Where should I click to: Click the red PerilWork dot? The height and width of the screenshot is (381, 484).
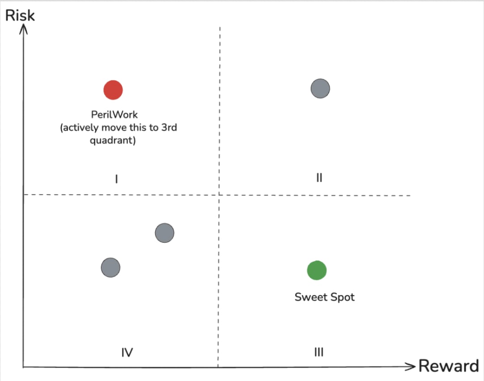pyautogui.click(x=113, y=90)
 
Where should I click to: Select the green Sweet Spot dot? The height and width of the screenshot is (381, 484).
pyautogui.click(x=317, y=270)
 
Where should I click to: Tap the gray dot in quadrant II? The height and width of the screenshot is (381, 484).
pyautogui.click(x=320, y=88)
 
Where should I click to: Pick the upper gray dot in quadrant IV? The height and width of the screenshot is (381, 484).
pyautogui.click(x=165, y=233)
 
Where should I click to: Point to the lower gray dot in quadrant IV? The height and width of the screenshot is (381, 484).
pyautogui.click(x=110, y=268)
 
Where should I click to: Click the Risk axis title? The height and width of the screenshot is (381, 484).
pyautogui.click(x=20, y=15)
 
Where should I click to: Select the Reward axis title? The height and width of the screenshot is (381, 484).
pyautogui.click(x=448, y=366)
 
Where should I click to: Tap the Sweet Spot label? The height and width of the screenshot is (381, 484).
pyautogui.click(x=324, y=297)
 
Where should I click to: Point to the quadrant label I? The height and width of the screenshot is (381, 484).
pyautogui.click(x=116, y=179)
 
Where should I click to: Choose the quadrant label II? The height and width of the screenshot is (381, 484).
pyautogui.click(x=319, y=178)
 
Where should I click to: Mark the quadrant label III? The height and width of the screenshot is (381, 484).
pyautogui.click(x=318, y=352)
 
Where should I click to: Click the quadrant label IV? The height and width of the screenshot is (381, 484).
pyautogui.click(x=127, y=353)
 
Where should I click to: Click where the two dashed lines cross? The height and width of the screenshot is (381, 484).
pyautogui.click(x=219, y=195)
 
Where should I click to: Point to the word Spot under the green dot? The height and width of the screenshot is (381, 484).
pyautogui.click(x=342, y=297)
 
